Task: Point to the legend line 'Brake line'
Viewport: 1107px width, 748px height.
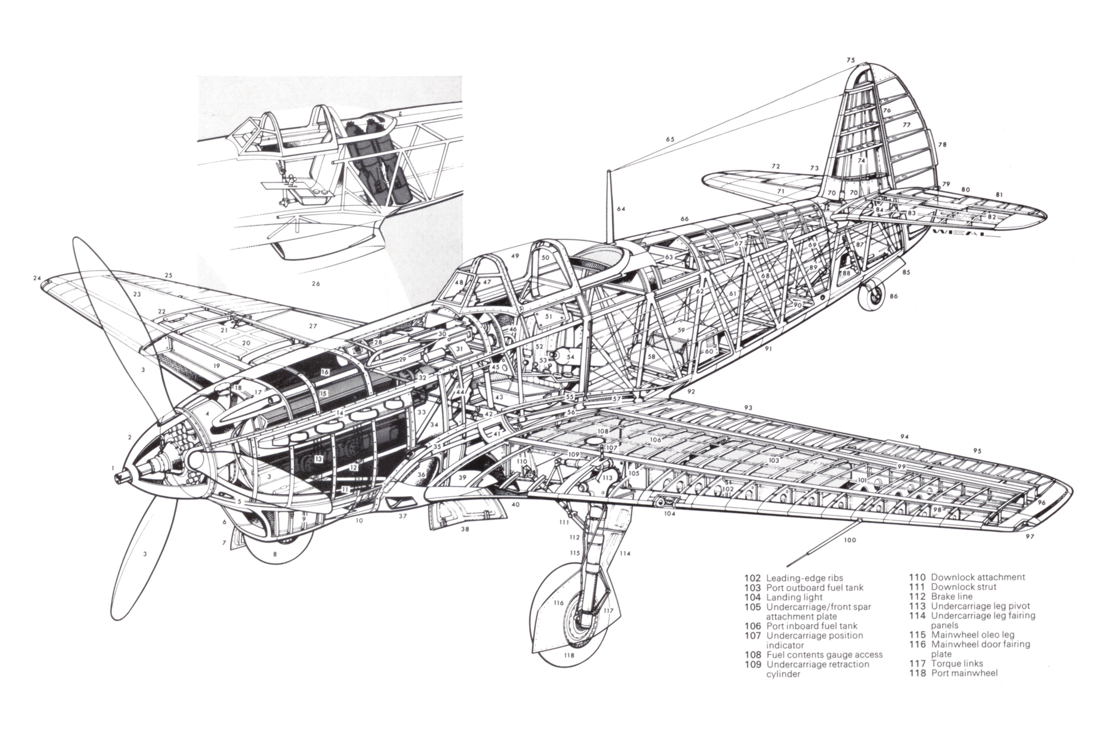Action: coord(952,596)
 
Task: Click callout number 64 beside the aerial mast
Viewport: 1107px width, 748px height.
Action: coord(621,208)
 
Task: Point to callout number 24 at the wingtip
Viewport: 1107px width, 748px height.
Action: coord(37,278)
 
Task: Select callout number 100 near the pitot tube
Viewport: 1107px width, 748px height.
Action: coord(849,540)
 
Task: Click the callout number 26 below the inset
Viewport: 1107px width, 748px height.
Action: coord(315,284)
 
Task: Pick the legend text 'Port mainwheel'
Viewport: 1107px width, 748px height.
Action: coord(964,673)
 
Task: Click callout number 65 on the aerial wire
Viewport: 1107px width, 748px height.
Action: coord(670,139)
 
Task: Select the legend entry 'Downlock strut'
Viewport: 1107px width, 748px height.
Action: coord(963,587)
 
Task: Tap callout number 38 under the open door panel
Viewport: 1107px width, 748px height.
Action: coord(465,529)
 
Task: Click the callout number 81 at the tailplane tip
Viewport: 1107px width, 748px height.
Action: coord(999,195)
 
